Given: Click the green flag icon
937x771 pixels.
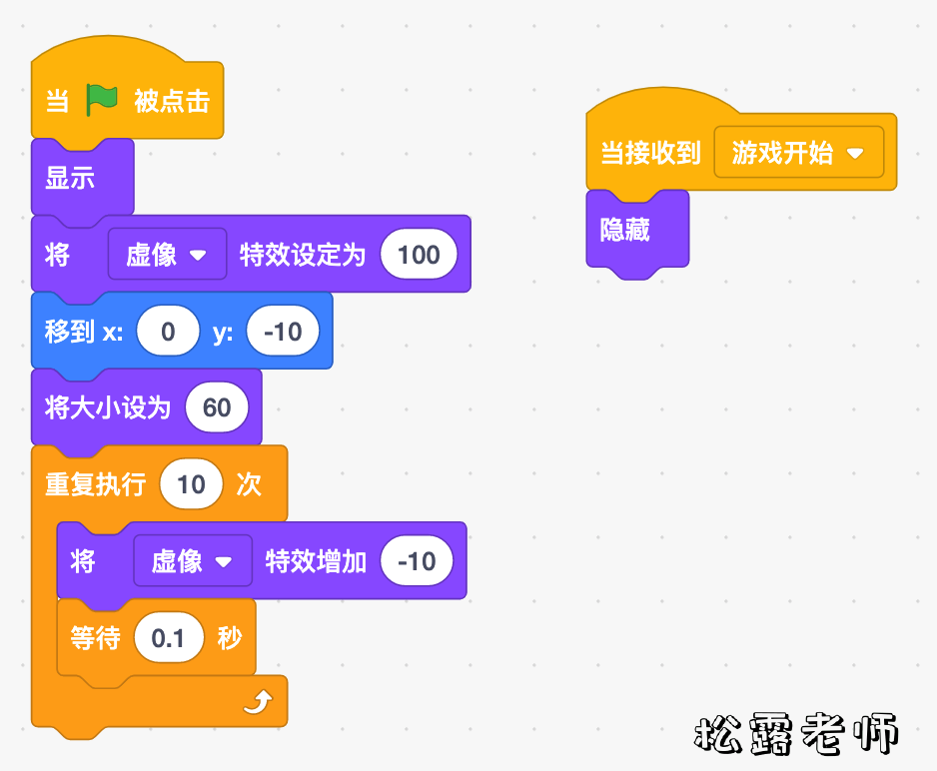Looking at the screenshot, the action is [102, 100].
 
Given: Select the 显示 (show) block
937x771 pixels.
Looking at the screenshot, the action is [70, 179].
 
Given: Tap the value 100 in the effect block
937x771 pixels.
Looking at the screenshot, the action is [419, 255].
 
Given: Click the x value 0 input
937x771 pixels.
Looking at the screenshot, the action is [168, 332].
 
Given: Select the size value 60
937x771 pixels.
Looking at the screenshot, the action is [217, 407].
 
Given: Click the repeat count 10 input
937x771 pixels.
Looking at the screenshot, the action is [191, 484].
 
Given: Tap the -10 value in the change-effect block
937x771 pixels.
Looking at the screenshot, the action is [416, 561].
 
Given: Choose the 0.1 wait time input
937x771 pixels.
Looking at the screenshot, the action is [169, 638].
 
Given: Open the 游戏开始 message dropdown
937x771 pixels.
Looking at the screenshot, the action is [798, 153].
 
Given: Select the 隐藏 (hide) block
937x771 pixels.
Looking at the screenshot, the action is [625, 231].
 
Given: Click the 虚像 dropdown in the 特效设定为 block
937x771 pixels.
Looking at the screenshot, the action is [166, 255].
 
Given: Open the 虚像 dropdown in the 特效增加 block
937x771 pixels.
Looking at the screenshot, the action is [192, 561].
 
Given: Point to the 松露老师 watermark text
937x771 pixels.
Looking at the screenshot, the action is [796, 734].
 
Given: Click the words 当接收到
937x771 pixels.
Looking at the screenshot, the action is [650, 154].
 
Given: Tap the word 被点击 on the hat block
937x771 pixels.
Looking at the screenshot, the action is [172, 101].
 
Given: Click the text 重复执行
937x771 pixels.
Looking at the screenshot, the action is [96, 485].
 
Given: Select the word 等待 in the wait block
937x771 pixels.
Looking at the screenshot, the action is [95, 638].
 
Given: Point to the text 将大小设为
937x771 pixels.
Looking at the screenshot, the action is [108, 407].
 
